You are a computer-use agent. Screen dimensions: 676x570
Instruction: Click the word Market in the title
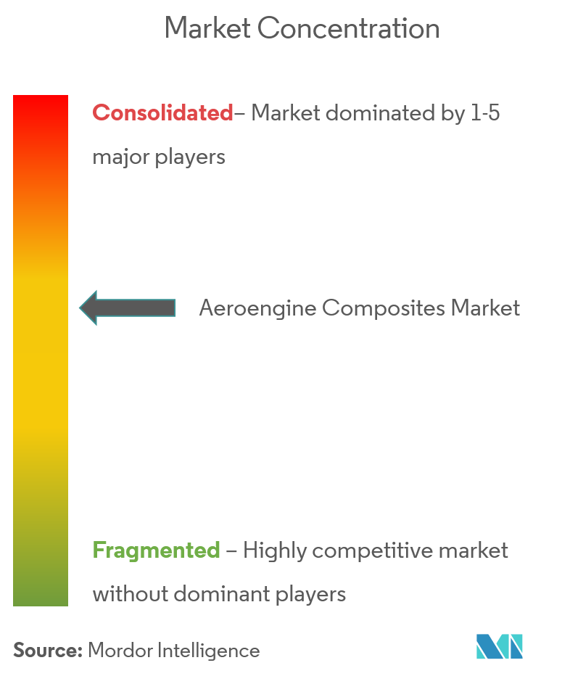(x=207, y=28)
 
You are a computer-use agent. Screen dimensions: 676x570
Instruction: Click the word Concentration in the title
(x=348, y=28)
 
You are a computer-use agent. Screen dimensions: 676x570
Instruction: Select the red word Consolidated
(x=163, y=113)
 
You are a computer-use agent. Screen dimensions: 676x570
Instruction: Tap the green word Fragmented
(x=156, y=551)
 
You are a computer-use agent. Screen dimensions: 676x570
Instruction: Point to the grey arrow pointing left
(x=128, y=308)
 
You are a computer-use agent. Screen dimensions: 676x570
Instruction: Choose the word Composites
(x=383, y=309)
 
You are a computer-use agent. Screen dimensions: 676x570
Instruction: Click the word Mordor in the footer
(x=120, y=651)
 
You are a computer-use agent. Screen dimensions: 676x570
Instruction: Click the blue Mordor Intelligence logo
(x=499, y=646)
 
